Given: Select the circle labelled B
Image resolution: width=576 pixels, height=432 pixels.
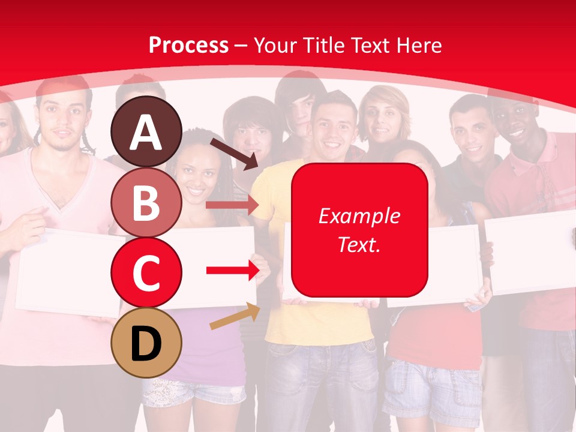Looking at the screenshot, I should click(146, 202).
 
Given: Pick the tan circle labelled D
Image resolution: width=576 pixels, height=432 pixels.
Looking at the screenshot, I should click(146, 343).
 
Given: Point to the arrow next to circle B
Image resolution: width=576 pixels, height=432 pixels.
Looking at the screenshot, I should click(232, 205).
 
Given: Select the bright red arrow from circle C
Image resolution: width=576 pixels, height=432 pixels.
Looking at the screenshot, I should click(233, 271).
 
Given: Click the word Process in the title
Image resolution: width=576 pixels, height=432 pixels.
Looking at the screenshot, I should click(188, 45).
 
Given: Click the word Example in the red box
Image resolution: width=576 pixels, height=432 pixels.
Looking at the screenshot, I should click(359, 216).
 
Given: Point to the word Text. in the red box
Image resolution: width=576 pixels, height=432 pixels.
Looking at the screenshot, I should click(359, 244).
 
